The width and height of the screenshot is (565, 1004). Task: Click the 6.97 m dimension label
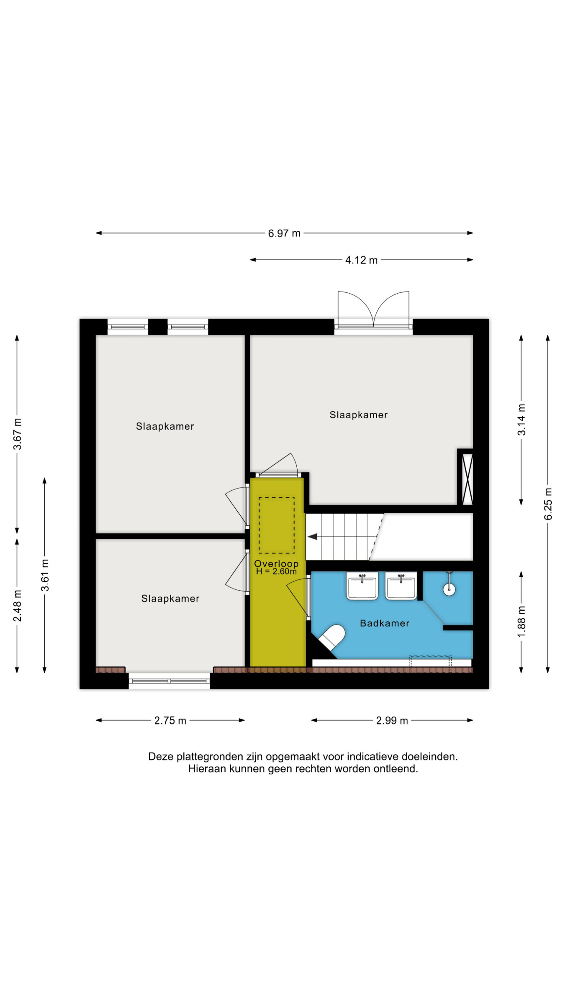point(284,233)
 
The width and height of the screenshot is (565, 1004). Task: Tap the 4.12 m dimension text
point(361,260)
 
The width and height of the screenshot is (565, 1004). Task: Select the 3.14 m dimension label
point(521,420)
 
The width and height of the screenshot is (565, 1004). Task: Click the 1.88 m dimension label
point(521,622)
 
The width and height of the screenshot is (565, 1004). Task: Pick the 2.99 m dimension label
point(392,720)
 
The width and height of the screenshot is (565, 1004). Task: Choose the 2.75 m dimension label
point(170,720)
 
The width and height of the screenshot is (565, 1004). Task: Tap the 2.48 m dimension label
point(18,606)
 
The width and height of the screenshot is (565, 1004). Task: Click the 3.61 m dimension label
point(45,575)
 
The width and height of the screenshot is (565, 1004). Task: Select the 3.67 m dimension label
point(18,434)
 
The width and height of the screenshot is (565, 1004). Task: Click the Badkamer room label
point(385,623)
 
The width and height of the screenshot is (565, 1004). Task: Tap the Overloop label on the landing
point(276,563)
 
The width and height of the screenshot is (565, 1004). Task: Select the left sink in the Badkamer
point(362,586)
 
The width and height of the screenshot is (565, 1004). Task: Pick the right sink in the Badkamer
point(401,586)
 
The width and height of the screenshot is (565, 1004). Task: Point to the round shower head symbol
point(449,589)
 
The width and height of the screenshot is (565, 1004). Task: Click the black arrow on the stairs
point(312,537)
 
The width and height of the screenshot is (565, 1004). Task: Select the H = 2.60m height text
point(276,571)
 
